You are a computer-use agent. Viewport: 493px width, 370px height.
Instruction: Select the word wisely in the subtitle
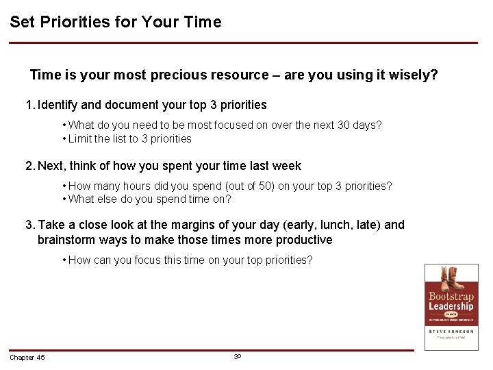pyautogui.click(x=413, y=75)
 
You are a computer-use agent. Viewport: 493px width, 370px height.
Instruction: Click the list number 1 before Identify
pyautogui.click(x=29, y=106)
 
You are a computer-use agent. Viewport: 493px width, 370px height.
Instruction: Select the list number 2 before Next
pyautogui.click(x=29, y=166)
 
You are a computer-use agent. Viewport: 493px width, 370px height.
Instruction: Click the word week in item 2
pyautogui.click(x=286, y=166)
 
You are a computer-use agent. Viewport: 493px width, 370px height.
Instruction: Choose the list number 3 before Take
pyautogui.click(x=29, y=225)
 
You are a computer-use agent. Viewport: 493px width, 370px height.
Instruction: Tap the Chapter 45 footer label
pyautogui.click(x=27, y=358)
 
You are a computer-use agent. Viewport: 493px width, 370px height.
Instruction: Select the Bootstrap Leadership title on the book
pyautogui.click(x=451, y=301)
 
